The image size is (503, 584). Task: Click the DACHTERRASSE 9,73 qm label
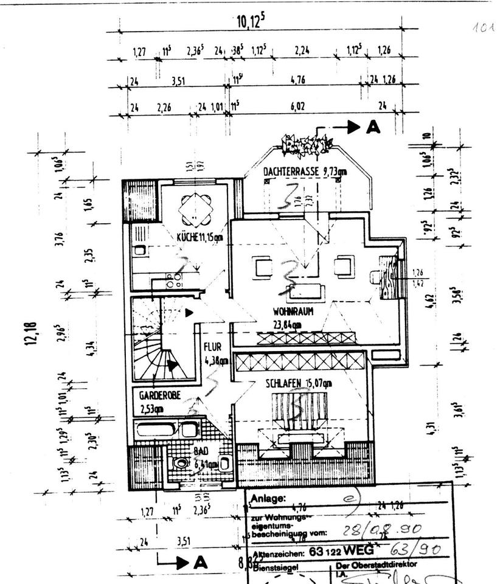(305, 173)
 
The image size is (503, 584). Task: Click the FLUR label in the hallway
(213, 347)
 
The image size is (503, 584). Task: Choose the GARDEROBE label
(159, 395)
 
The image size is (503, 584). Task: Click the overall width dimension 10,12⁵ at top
(251, 23)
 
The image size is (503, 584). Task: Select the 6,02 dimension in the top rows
(297, 107)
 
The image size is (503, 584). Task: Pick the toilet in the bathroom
(180, 464)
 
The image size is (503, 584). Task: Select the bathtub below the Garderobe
(165, 429)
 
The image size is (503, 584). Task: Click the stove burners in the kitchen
(175, 280)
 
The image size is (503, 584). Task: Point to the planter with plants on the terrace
(307, 147)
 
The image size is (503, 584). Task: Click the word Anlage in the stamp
(267, 499)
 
